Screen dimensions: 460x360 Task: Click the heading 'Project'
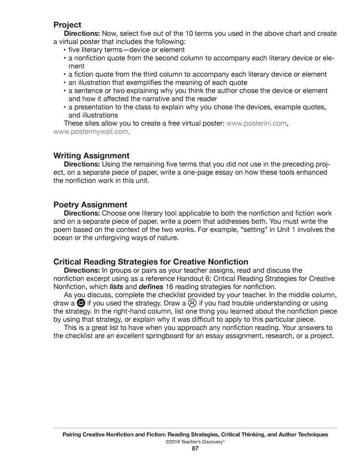[67, 25]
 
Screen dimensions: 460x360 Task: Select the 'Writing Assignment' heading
[91, 155]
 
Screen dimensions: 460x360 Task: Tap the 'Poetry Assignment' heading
[90, 204]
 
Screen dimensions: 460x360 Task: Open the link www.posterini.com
[257, 124]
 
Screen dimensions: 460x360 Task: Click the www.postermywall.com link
[91, 132]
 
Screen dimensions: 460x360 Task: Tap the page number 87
[195, 448]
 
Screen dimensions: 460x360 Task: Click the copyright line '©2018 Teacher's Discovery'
[195, 441]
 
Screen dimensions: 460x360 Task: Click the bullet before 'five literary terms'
[65, 50]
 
